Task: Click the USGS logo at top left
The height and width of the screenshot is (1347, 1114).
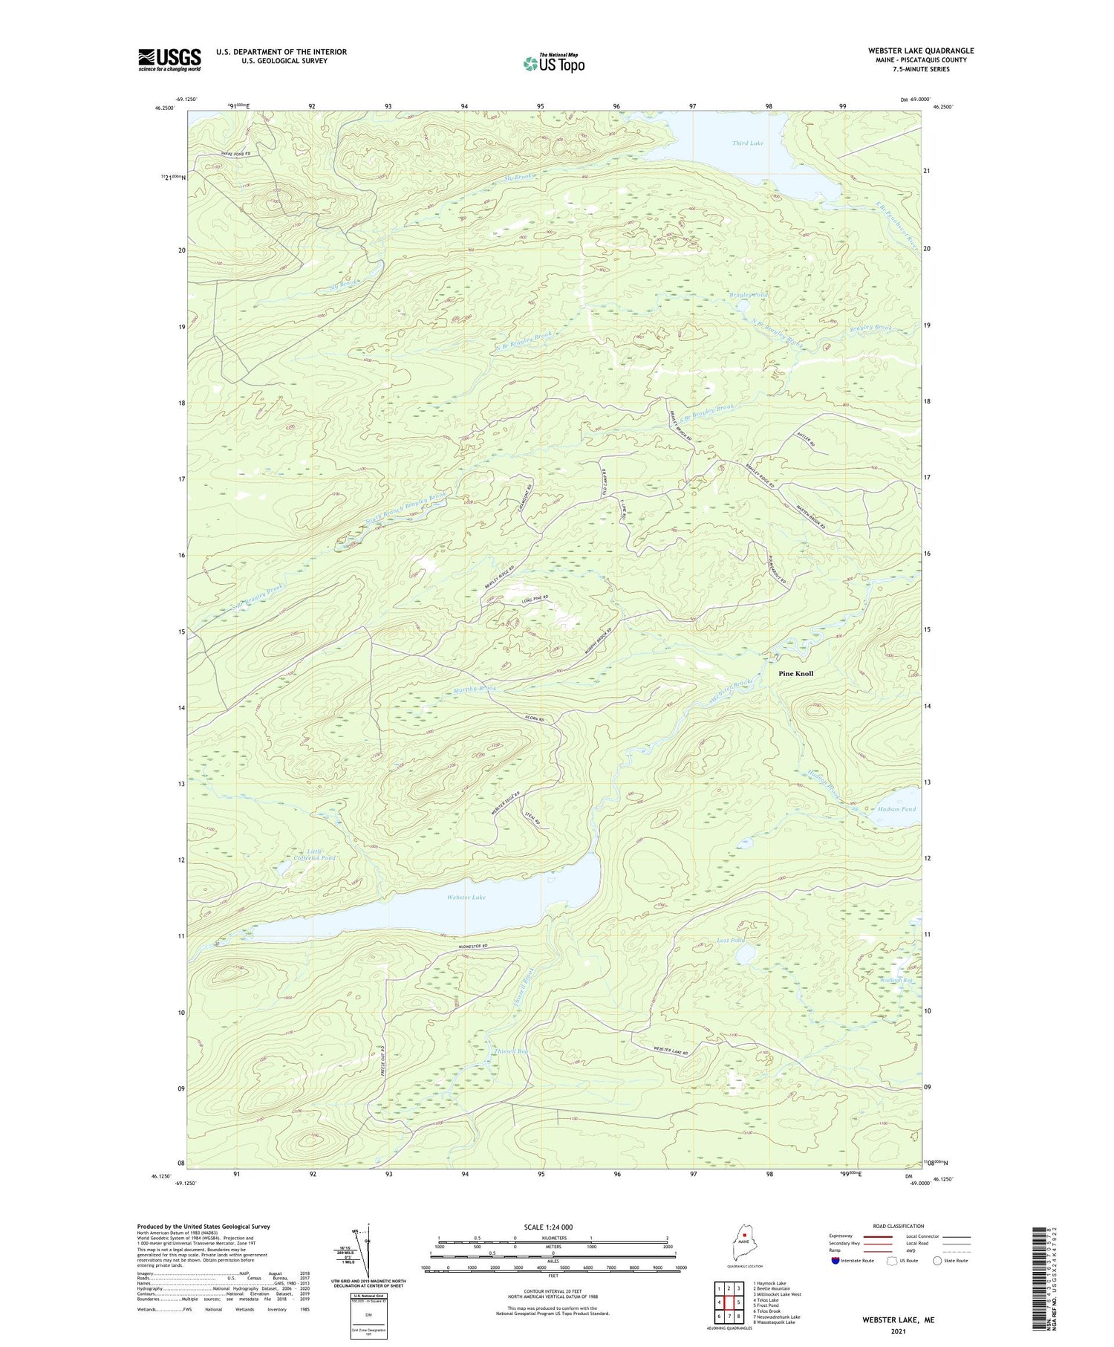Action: [x=169, y=59]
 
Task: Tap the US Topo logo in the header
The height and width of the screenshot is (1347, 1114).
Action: [x=553, y=63]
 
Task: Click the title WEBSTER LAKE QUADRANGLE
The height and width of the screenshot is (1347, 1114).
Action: [x=920, y=51]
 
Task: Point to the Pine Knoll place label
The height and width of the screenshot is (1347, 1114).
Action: [x=795, y=673]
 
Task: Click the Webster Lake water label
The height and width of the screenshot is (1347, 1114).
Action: [x=466, y=898]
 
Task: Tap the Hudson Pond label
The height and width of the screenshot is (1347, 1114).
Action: [x=896, y=809]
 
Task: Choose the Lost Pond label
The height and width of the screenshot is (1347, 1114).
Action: [x=730, y=941]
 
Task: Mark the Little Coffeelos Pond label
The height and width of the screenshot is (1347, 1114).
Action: [x=315, y=854]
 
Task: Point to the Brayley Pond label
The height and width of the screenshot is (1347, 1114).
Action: [x=748, y=295]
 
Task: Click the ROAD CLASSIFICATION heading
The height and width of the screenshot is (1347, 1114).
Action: [x=899, y=1226]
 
